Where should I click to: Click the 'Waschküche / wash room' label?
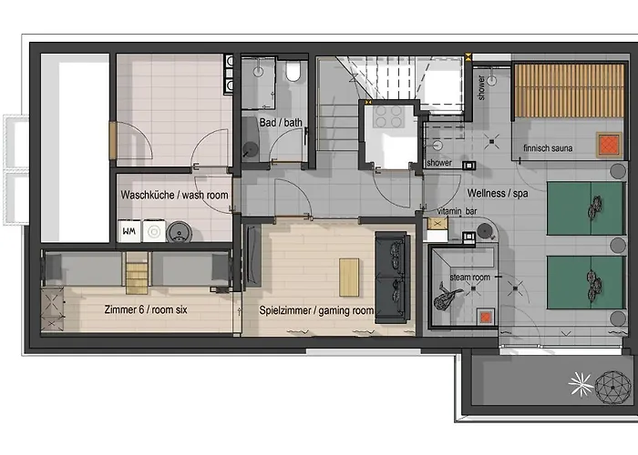(x=174, y=195)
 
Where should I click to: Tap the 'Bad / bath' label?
(x=281, y=122)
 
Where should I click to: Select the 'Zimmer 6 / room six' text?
(x=146, y=310)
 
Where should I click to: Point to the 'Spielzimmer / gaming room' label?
(x=316, y=311)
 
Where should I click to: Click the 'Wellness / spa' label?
(x=498, y=193)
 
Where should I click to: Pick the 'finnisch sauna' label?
(x=548, y=148)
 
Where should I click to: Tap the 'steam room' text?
(x=470, y=278)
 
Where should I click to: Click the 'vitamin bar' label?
(x=457, y=211)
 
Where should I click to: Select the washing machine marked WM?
(x=129, y=231)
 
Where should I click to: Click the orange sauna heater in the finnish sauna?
(x=609, y=145)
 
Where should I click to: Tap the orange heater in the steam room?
(x=486, y=317)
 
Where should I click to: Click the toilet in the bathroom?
(x=293, y=71)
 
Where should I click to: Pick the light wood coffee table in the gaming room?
(x=349, y=278)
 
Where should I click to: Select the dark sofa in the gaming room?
(x=392, y=278)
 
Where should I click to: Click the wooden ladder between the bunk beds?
(x=137, y=273)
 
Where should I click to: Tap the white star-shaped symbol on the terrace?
(x=581, y=384)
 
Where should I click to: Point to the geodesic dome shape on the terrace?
(x=612, y=387)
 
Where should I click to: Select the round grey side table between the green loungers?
(x=618, y=245)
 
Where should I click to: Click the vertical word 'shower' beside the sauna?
(x=481, y=87)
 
